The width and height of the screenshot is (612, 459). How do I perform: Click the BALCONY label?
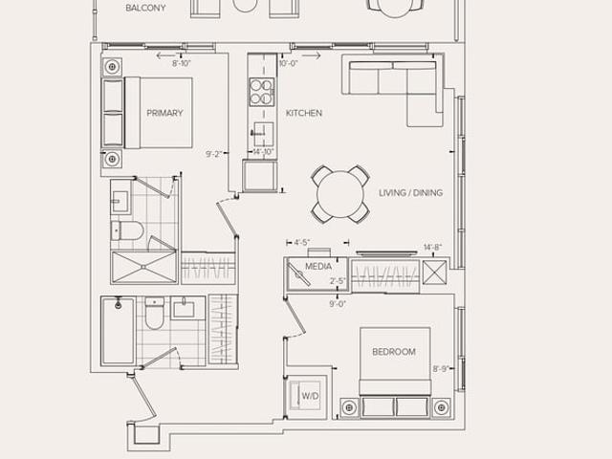(145, 8)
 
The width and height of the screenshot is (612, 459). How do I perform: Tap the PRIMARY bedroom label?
(164, 113)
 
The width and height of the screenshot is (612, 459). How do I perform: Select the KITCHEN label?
(304, 113)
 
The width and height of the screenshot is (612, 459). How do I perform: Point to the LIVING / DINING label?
(410, 193)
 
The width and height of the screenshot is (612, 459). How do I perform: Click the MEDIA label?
(318, 267)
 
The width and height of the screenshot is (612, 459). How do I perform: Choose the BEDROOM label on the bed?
(394, 352)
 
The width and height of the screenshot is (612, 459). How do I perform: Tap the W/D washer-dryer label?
(310, 396)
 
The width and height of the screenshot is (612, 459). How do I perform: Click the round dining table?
(340, 194)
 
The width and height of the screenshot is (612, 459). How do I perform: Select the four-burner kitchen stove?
(262, 92)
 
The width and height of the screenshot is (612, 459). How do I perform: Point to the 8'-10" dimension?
(182, 64)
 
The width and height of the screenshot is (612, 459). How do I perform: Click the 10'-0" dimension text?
(289, 64)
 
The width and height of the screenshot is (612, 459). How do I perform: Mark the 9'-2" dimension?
(214, 154)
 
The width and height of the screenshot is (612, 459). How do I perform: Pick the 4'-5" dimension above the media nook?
(302, 243)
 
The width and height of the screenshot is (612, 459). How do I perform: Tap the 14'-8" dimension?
(432, 248)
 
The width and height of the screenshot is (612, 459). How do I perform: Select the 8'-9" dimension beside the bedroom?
(441, 369)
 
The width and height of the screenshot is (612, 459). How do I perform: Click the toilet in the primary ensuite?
(127, 231)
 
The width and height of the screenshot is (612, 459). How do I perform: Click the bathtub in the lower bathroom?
(118, 332)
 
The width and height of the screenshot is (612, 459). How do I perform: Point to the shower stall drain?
(143, 267)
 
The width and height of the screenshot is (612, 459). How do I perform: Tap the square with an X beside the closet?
(434, 272)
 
